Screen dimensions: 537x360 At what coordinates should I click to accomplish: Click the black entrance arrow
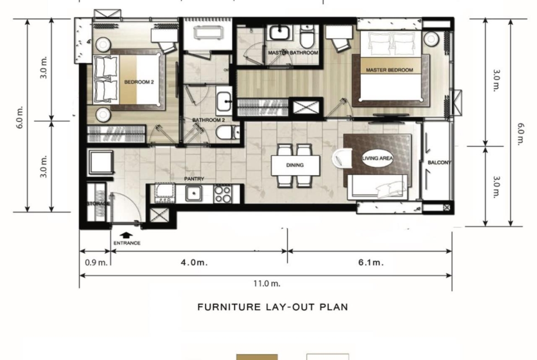[x=126, y=235]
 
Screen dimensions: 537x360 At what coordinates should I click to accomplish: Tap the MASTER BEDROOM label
[x=389, y=70]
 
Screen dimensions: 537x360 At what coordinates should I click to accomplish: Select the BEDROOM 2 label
[x=139, y=82]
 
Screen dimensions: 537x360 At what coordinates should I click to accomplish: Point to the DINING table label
[x=295, y=165]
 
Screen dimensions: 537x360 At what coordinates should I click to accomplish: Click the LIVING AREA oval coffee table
[x=377, y=158]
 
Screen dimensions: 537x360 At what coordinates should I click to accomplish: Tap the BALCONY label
[x=439, y=162]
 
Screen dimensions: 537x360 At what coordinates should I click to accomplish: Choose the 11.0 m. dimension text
[x=267, y=283]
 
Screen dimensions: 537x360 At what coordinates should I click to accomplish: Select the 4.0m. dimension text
[x=194, y=262]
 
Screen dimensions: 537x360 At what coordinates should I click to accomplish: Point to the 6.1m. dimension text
[x=371, y=262]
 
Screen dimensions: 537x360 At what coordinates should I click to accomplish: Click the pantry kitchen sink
[x=194, y=194]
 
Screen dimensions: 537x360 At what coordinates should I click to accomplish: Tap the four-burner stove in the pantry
[x=223, y=194]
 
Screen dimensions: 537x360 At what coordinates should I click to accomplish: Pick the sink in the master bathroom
[x=280, y=33]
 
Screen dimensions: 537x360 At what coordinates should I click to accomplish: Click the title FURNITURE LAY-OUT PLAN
[x=273, y=307]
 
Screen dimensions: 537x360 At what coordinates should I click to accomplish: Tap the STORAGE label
[x=98, y=204]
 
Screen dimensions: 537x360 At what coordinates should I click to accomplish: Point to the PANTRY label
[x=194, y=179]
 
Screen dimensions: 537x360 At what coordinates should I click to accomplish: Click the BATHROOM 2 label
[x=208, y=120]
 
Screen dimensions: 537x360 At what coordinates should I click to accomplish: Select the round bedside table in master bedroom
[x=431, y=39]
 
